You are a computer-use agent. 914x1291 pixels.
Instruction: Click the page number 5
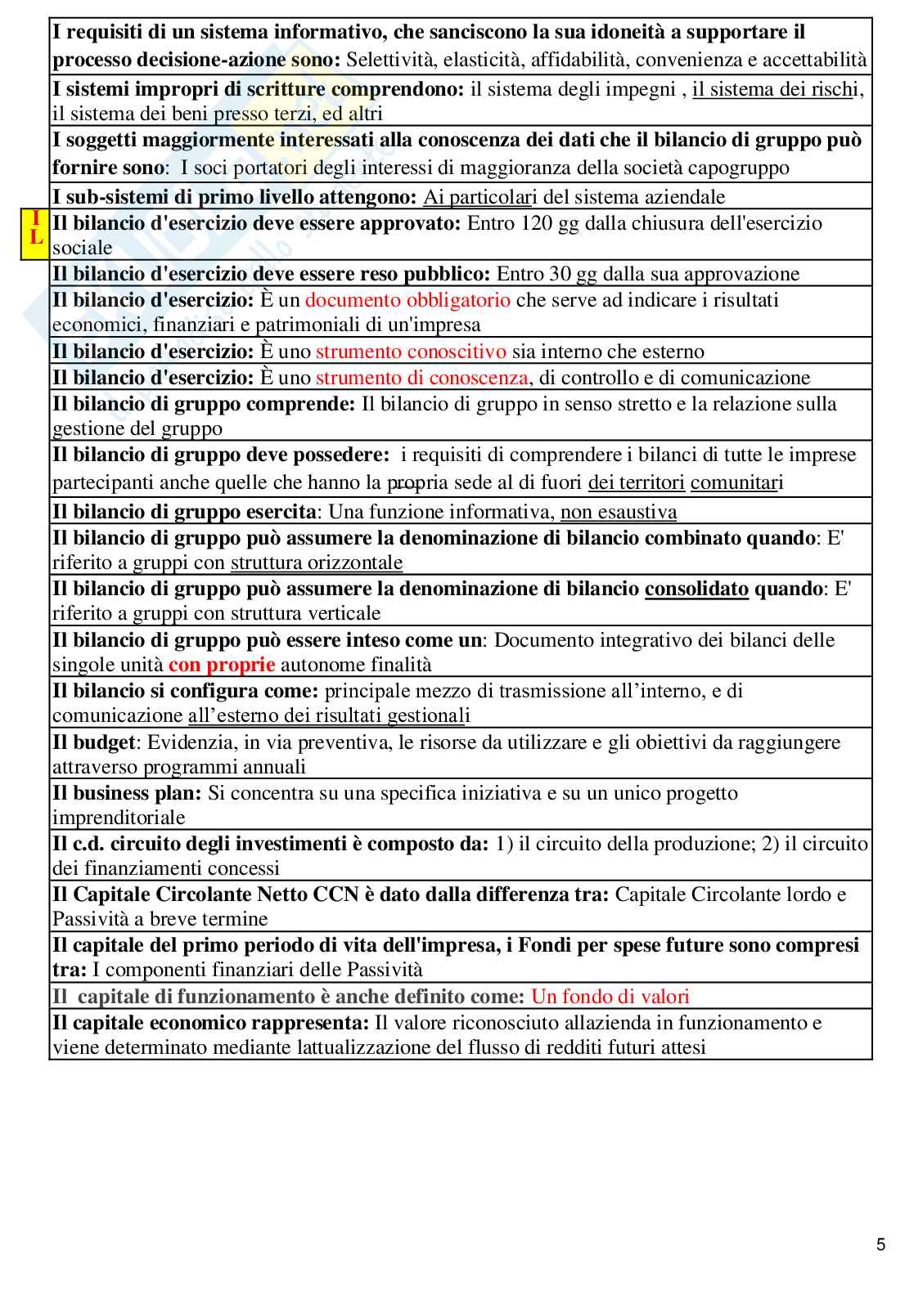click(x=880, y=1245)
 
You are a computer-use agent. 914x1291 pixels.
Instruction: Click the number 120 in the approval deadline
click(x=535, y=223)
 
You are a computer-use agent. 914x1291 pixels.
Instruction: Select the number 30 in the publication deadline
click(x=550, y=274)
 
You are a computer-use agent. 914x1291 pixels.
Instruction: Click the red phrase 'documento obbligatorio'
click(x=407, y=300)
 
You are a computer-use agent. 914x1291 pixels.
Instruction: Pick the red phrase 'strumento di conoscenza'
click(x=421, y=377)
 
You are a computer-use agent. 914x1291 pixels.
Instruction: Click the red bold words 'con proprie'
click(x=222, y=665)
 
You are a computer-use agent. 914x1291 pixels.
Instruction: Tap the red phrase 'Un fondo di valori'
click(x=610, y=996)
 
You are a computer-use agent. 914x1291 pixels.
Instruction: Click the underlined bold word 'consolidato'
click(x=696, y=589)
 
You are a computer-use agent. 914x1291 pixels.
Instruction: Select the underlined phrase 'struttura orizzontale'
click(x=317, y=563)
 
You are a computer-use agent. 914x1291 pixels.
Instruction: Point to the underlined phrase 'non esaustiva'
click(x=619, y=512)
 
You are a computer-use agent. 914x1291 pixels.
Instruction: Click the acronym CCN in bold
click(x=336, y=894)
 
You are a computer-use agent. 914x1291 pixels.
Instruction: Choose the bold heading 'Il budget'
click(x=93, y=742)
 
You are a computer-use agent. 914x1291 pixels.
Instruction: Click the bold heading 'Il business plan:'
click(x=127, y=793)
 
